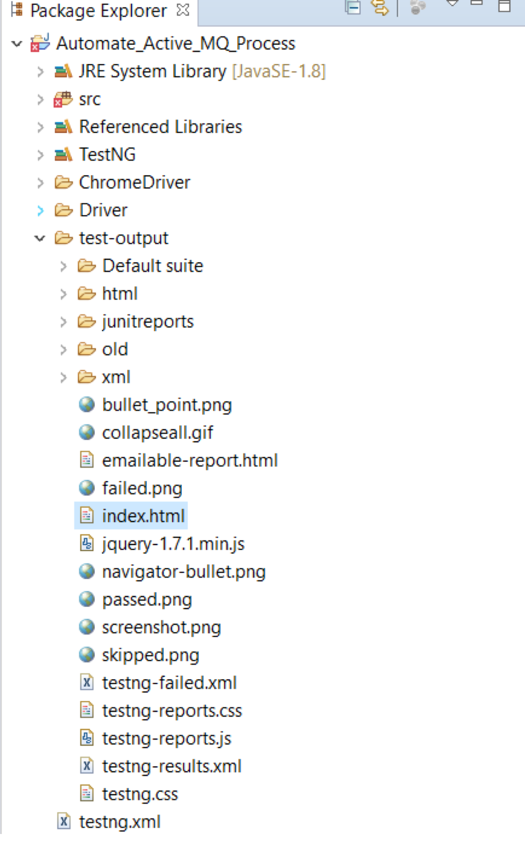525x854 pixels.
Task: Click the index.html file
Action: coord(143,516)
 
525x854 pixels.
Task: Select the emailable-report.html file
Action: coord(190,460)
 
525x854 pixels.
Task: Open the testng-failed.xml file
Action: coord(169,683)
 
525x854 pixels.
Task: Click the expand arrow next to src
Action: coord(40,100)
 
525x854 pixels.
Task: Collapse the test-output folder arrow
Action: coord(40,238)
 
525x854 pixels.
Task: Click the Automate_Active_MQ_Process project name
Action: coord(176,44)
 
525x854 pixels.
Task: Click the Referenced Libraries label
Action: coord(161,127)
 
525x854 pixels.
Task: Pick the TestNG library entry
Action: coord(107,154)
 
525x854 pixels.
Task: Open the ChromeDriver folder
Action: coord(135,182)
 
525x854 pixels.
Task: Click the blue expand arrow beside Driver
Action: coord(40,210)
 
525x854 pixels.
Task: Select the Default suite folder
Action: coord(153,266)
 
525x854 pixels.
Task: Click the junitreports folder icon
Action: coord(87,321)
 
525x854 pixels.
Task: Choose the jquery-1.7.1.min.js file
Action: coord(173,544)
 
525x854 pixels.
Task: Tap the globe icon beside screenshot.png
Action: coord(87,627)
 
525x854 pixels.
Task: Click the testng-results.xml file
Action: coord(172,766)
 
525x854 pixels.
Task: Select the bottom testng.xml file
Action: coord(120,822)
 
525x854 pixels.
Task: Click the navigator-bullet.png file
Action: coord(184,572)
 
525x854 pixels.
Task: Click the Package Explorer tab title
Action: coord(98,11)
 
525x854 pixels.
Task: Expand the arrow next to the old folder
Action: coord(63,350)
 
